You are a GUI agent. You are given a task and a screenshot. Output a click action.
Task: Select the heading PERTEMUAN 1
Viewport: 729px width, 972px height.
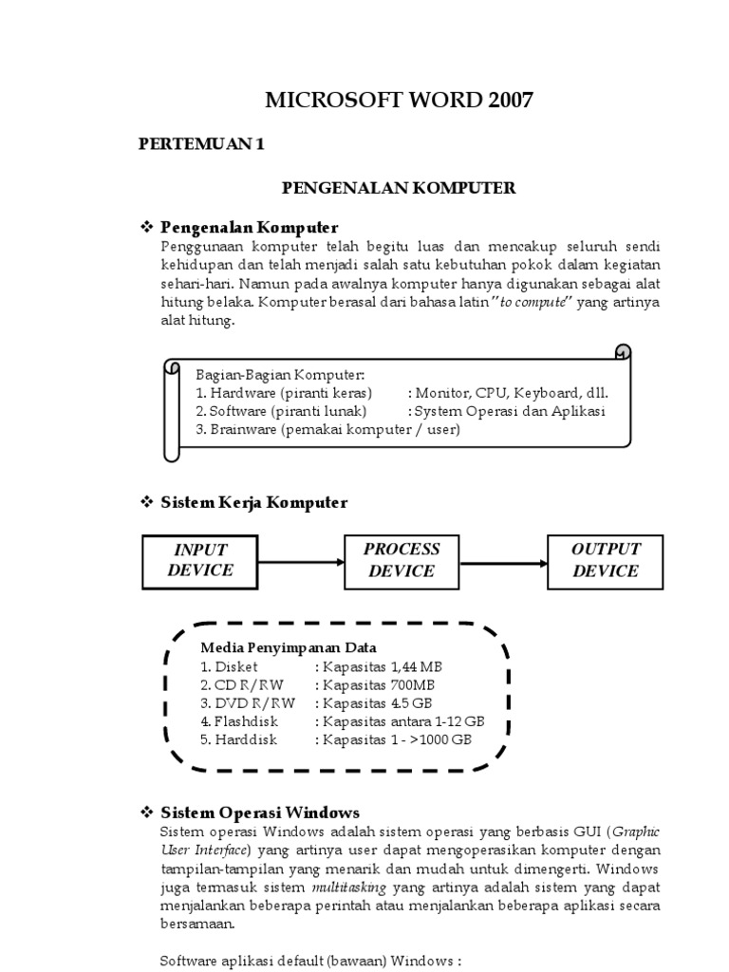click(200, 144)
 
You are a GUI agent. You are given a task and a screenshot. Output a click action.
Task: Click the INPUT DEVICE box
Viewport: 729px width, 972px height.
click(200, 560)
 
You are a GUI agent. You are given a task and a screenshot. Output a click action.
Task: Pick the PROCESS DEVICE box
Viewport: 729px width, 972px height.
click(402, 560)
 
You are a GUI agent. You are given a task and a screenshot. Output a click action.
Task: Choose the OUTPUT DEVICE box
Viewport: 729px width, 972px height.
click(606, 560)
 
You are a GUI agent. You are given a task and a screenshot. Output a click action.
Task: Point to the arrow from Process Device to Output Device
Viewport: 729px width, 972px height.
click(504, 561)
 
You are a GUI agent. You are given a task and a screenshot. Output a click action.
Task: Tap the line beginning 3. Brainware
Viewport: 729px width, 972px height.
click(327, 429)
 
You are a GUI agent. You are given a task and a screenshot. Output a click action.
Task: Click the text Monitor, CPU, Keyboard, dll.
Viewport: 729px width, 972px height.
click(511, 393)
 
